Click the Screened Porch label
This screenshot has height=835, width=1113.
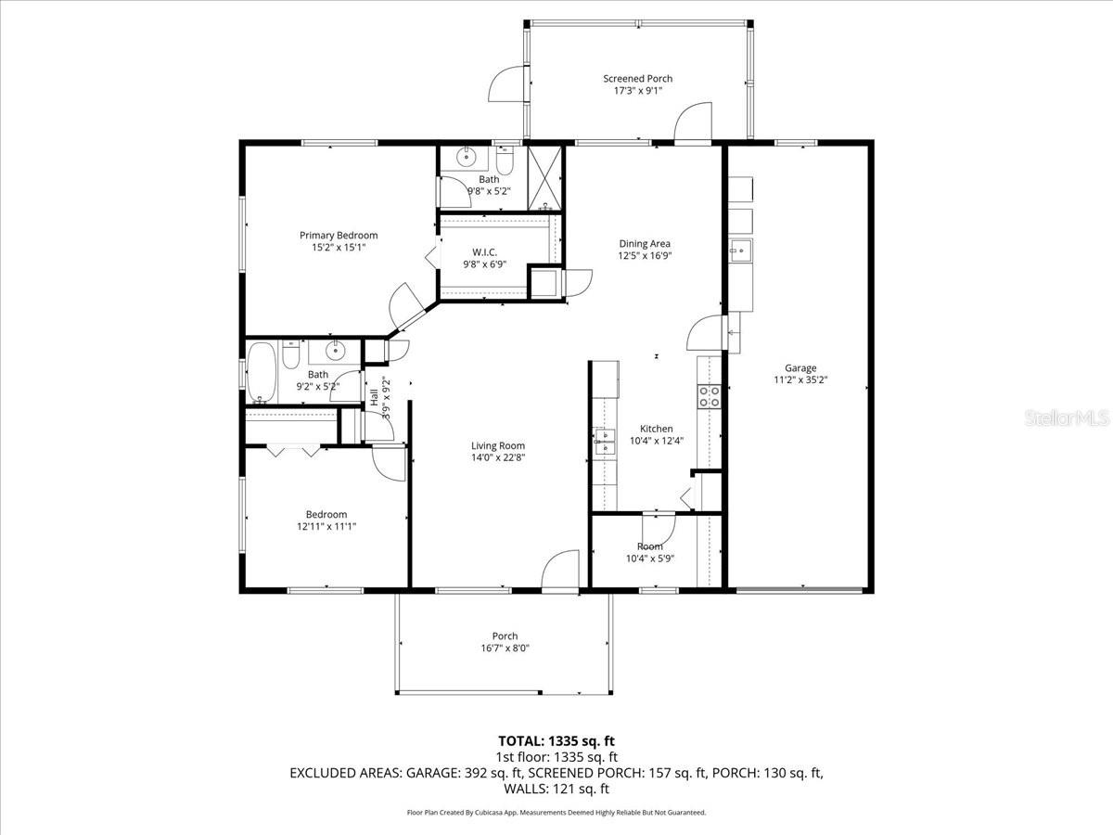pyautogui.click(x=637, y=79)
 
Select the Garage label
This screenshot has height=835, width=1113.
pyautogui.click(x=800, y=367)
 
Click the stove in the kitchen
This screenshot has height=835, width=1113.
pyautogui.click(x=710, y=396)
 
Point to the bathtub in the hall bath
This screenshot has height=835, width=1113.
pyautogui.click(x=262, y=372)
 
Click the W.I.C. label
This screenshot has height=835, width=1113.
pyautogui.click(x=484, y=252)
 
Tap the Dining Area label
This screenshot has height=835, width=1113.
pyautogui.click(x=645, y=244)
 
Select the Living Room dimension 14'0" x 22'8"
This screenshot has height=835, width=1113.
pyautogui.click(x=498, y=457)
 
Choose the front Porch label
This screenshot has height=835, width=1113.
pyautogui.click(x=505, y=636)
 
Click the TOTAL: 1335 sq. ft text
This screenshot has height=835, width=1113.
pyautogui.click(x=556, y=741)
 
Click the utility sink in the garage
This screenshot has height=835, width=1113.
pyautogui.click(x=740, y=250)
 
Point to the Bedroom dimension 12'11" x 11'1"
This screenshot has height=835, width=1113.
pyautogui.click(x=326, y=526)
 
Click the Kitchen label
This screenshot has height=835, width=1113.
pyautogui.click(x=656, y=429)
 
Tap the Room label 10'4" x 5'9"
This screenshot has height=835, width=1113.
pyautogui.click(x=650, y=546)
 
